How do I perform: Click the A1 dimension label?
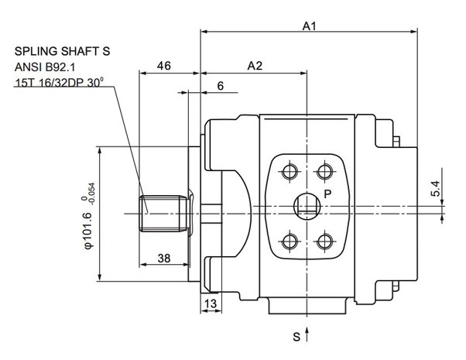309,26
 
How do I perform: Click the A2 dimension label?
255,66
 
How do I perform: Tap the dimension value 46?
164,66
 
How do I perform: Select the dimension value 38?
164,259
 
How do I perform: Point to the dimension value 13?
211,303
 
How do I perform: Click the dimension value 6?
220,86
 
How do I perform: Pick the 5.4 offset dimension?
435,188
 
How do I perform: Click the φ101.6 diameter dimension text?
89,231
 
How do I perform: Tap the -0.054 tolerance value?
92,194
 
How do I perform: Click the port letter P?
327,194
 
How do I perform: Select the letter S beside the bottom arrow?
296,337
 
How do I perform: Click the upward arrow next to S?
307,334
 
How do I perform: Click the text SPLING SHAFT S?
63,51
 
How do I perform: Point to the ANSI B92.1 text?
45,67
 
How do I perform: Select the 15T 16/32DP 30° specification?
60,82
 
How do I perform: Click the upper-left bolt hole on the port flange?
290,172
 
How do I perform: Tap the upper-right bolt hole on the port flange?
324,172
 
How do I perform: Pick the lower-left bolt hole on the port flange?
290,241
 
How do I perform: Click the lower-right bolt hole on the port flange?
324,241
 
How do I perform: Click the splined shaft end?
164,214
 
